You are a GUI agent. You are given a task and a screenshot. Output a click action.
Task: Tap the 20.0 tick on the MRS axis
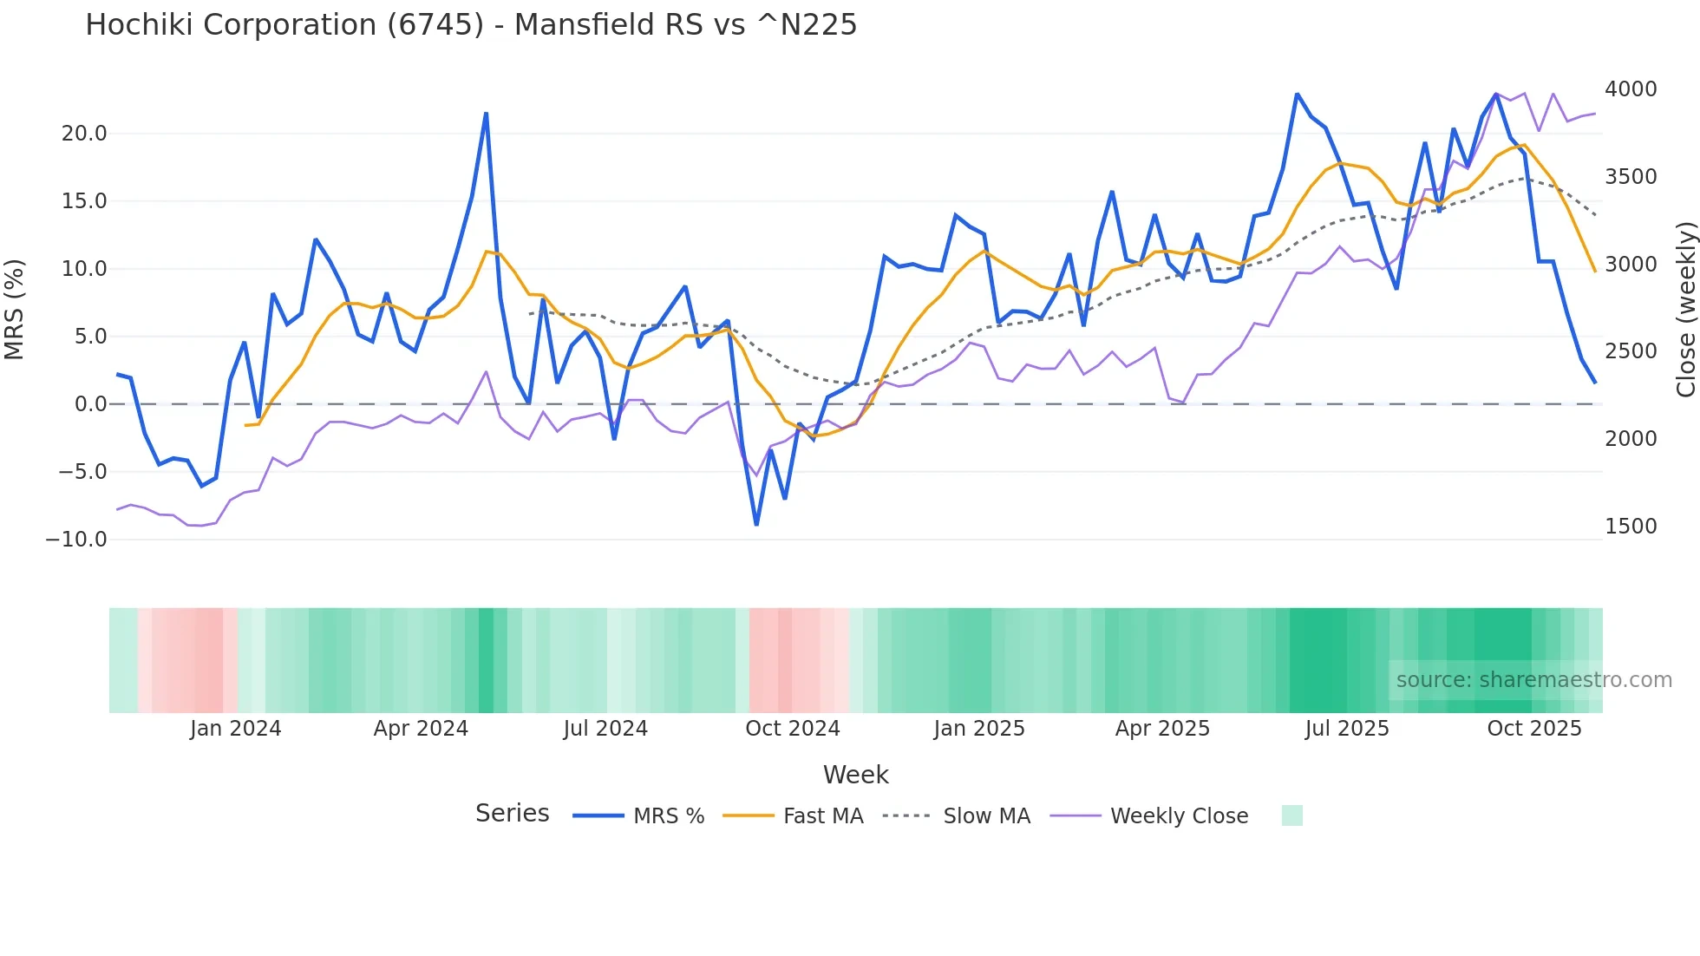click(x=84, y=134)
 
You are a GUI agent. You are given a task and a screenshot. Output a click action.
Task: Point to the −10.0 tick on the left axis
click(x=76, y=540)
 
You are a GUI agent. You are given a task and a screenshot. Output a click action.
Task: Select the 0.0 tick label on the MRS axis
click(x=90, y=404)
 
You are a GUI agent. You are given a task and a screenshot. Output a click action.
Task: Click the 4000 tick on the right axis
click(x=1631, y=89)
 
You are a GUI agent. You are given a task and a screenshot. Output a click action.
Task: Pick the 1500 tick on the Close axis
click(x=1631, y=527)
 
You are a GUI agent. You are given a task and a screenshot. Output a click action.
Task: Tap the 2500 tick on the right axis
click(x=1631, y=351)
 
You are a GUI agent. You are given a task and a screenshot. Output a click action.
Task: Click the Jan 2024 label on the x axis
click(x=236, y=729)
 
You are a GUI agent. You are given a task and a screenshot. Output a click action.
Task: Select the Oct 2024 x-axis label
click(x=793, y=729)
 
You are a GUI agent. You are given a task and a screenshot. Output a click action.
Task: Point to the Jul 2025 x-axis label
click(x=1347, y=729)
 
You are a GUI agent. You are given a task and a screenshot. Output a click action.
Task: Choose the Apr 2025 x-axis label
click(x=1162, y=729)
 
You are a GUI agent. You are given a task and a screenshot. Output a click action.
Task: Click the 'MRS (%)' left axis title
click(x=15, y=309)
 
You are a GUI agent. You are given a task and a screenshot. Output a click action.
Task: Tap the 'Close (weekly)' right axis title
click(x=1685, y=309)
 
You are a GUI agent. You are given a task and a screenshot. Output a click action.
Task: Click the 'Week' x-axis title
click(x=855, y=775)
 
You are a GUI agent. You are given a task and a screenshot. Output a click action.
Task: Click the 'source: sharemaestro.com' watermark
click(x=1533, y=680)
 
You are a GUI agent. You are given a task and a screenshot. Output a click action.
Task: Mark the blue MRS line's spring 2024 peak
click(x=486, y=114)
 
